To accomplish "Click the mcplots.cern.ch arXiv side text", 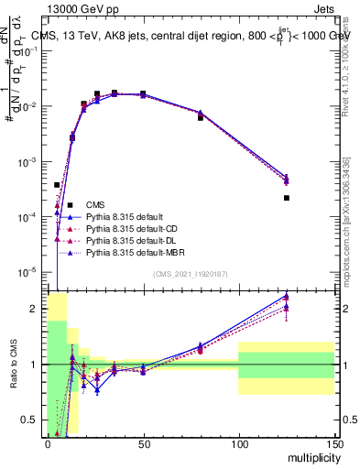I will click(x=345, y=220).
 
